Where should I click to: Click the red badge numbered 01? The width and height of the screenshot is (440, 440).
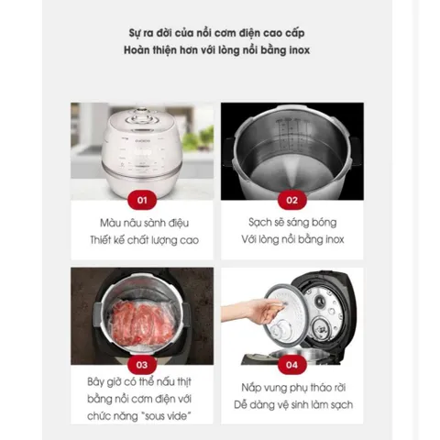(x=142, y=200)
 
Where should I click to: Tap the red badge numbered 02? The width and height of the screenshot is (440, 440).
(x=292, y=200)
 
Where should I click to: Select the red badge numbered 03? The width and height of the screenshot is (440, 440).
(x=142, y=365)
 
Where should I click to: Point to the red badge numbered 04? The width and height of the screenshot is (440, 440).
(x=292, y=365)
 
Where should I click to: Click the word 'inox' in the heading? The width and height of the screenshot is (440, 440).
(x=299, y=50)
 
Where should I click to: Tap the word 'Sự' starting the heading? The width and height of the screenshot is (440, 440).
(x=135, y=33)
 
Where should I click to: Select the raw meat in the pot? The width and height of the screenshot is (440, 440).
(x=143, y=322)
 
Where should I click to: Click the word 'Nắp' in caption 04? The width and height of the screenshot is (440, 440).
(x=250, y=388)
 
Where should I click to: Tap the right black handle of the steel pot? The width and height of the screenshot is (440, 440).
(x=356, y=151)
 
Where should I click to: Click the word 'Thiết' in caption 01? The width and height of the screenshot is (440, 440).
(x=100, y=240)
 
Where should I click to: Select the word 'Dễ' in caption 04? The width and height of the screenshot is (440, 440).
(x=240, y=404)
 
